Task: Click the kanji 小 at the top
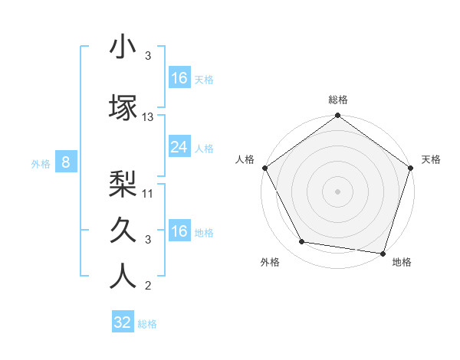pyautogui.click(x=123, y=47)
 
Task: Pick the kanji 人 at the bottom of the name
pyautogui.click(x=123, y=276)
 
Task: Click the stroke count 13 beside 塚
pyautogui.click(x=148, y=117)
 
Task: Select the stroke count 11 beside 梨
pyautogui.click(x=148, y=193)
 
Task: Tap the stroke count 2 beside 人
pyautogui.click(x=148, y=286)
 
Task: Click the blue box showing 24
pyautogui.click(x=179, y=147)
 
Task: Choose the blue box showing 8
pyautogui.click(x=66, y=162)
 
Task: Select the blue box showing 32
pyautogui.click(x=123, y=322)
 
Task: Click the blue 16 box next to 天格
pyautogui.click(x=179, y=78)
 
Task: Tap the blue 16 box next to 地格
pyautogui.click(x=179, y=231)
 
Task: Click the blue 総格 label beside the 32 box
pyautogui.click(x=147, y=324)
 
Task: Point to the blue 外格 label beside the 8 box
pyautogui.click(x=40, y=163)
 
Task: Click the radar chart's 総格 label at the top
pyautogui.click(x=338, y=100)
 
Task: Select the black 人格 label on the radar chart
pyautogui.click(x=245, y=159)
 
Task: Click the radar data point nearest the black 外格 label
pyautogui.click(x=302, y=242)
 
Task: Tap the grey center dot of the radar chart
pyautogui.click(x=338, y=191)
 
